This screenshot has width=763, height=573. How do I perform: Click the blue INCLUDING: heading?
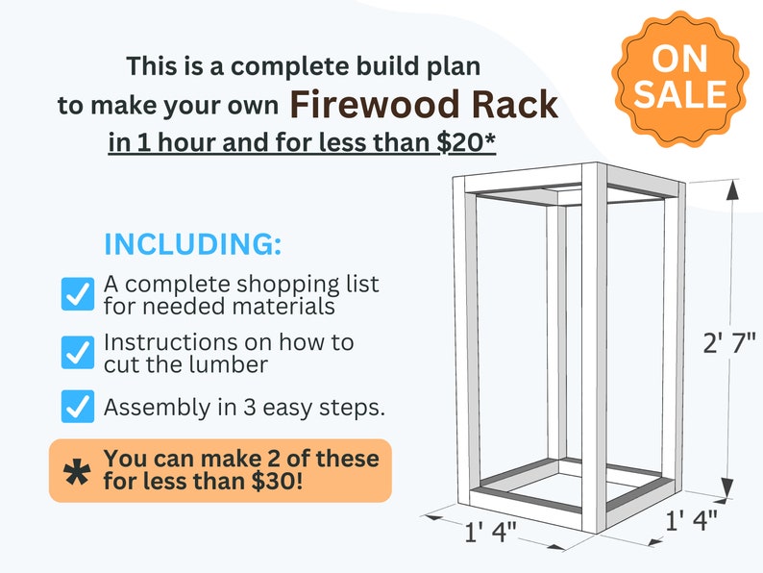coord(192,244)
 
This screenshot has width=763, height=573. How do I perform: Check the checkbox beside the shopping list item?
coord(76,294)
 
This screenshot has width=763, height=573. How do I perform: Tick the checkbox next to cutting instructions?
coord(76,352)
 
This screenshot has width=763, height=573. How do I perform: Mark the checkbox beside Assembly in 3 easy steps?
coord(76,407)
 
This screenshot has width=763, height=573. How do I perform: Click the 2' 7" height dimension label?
coord(730,343)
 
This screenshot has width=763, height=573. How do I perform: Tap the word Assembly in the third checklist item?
coord(149,408)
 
